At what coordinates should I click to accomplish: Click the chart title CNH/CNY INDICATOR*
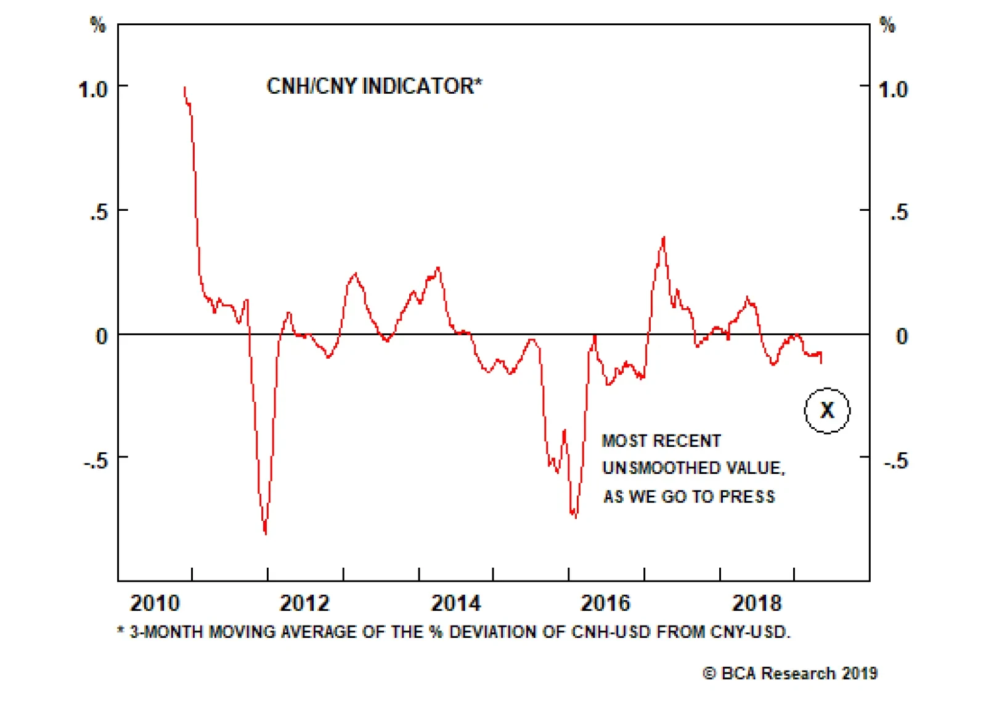point(374,86)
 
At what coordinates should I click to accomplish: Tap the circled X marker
point(827,410)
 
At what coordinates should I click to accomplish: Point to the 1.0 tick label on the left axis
point(93,90)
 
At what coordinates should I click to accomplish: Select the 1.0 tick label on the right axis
point(893,90)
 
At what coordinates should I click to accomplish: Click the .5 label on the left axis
point(99,213)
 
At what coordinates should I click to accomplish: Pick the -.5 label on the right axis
point(896,460)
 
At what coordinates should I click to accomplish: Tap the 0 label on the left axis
point(102,337)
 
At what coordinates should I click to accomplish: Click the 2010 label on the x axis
point(155,603)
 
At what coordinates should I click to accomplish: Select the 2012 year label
point(304,603)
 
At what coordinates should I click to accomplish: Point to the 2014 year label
point(455,603)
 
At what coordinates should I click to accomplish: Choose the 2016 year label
point(605,603)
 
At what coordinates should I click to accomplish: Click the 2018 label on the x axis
point(756,603)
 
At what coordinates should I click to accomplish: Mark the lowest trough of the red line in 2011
point(266,532)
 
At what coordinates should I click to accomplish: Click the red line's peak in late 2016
point(664,237)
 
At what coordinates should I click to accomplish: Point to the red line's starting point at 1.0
point(184,88)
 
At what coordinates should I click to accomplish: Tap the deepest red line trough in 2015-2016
point(576,516)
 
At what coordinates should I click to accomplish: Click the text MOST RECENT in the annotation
point(661,441)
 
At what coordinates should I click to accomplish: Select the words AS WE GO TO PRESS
point(689,496)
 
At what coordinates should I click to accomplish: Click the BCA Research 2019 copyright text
point(790,673)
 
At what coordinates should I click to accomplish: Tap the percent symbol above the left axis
point(98,25)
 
